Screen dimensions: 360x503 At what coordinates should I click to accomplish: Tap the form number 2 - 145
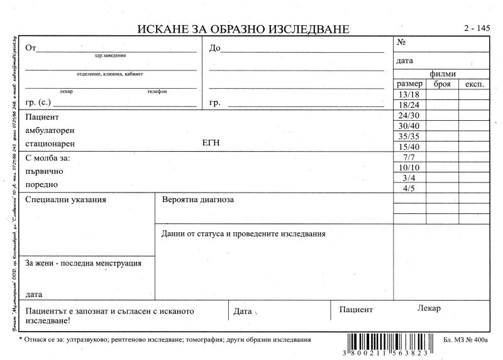(x=476, y=28)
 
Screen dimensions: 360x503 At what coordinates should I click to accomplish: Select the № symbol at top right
(x=401, y=43)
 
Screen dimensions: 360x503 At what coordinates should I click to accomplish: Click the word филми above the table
(x=443, y=74)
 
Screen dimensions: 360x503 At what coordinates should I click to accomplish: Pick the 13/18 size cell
(x=409, y=94)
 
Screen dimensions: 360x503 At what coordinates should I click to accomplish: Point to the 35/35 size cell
(x=409, y=136)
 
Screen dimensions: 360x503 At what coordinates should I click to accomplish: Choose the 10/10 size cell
(x=409, y=167)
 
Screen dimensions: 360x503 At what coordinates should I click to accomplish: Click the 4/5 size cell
(x=409, y=188)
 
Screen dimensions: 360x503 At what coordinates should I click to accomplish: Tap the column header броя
(x=442, y=84)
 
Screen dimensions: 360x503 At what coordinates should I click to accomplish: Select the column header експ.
(x=474, y=84)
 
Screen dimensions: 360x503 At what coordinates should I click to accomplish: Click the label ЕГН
(x=211, y=143)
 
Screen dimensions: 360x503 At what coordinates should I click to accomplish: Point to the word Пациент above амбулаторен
(x=41, y=117)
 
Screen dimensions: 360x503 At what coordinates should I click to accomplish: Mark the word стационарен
(x=50, y=143)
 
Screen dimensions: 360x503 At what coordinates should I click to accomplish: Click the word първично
(x=44, y=171)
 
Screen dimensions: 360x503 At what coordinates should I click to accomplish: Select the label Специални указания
(x=65, y=200)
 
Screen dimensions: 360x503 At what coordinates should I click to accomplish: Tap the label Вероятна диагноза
(x=197, y=200)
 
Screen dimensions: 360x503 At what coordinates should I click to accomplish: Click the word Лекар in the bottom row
(x=429, y=308)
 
